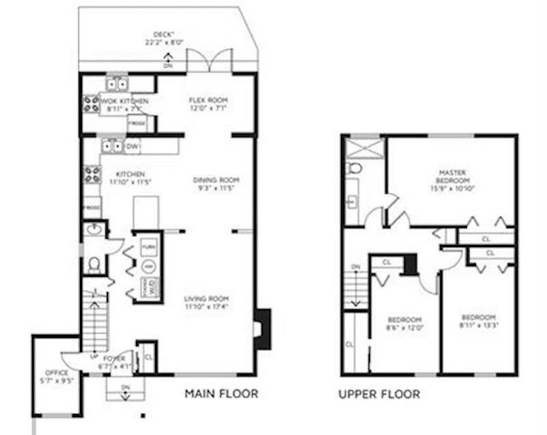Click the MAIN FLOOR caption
(x=222, y=394)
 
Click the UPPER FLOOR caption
(x=379, y=395)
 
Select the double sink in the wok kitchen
(x=118, y=84)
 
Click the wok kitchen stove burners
(x=92, y=104)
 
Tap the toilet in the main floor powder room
(x=94, y=263)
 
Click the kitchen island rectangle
(x=146, y=213)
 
